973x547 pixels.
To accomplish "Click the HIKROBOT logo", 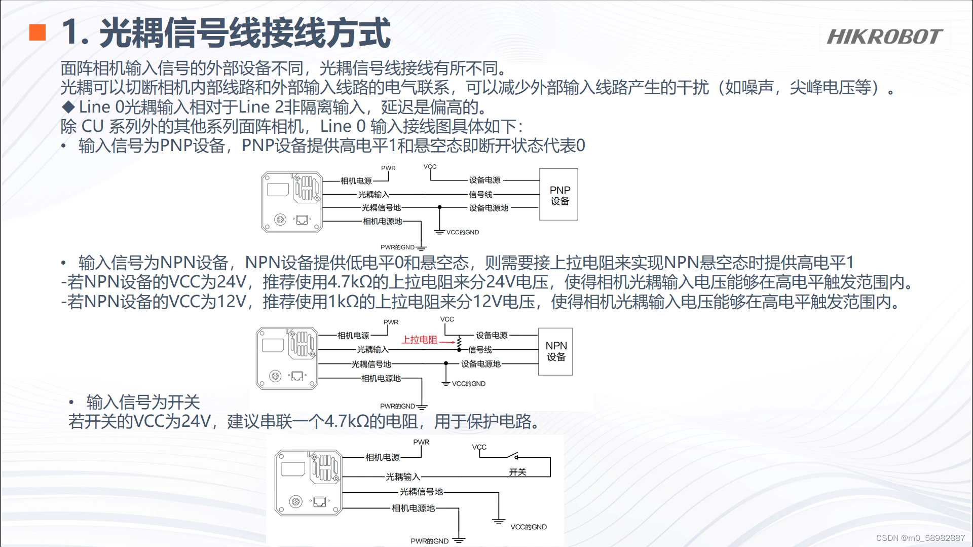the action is click(x=884, y=37).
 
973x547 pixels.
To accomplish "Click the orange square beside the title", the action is click(x=38, y=32).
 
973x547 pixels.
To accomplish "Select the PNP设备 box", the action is click(x=558, y=195).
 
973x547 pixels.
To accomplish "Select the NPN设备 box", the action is click(x=555, y=351).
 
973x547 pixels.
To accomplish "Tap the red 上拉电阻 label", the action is click(x=419, y=340).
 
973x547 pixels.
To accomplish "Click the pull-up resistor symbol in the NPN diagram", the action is click(x=459, y=342).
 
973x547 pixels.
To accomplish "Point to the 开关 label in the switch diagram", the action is click(x=517, y=472).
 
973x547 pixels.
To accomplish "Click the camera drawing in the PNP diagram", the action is click(x=292, y=202).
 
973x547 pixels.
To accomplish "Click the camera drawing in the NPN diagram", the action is click(x=287, y=358).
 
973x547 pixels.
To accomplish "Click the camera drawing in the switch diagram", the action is click(x=308, y=483).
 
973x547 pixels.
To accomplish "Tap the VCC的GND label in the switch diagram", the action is click(x=528, y=527).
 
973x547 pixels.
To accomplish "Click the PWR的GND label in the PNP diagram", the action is click(x=397, y=247).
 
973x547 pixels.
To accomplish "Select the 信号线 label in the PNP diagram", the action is click(x=480, y=194).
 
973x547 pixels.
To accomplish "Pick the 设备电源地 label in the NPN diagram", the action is click(x=480, y=364).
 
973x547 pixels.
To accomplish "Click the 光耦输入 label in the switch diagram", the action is click(x=403, y=477).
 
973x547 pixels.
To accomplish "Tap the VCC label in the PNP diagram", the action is click(x=430, y=167).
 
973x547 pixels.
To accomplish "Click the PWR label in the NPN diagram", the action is click(x=391, y=322).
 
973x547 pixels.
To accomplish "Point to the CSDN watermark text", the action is click(x=920, y=538).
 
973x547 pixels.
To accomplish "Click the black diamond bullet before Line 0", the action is click(x=68, y=107).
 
